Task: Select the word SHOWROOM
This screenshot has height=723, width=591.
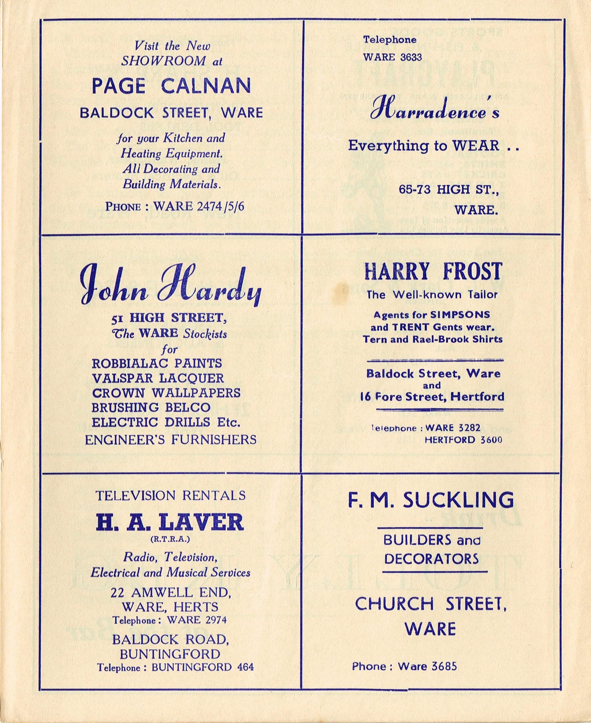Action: [163, 61]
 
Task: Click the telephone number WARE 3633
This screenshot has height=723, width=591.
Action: [392, 57]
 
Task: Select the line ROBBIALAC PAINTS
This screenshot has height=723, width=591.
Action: [157, 363]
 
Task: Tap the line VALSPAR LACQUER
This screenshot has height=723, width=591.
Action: [158, 378]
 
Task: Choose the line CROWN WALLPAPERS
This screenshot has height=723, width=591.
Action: [166, 393]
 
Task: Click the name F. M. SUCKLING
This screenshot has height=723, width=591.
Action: [431, 500]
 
